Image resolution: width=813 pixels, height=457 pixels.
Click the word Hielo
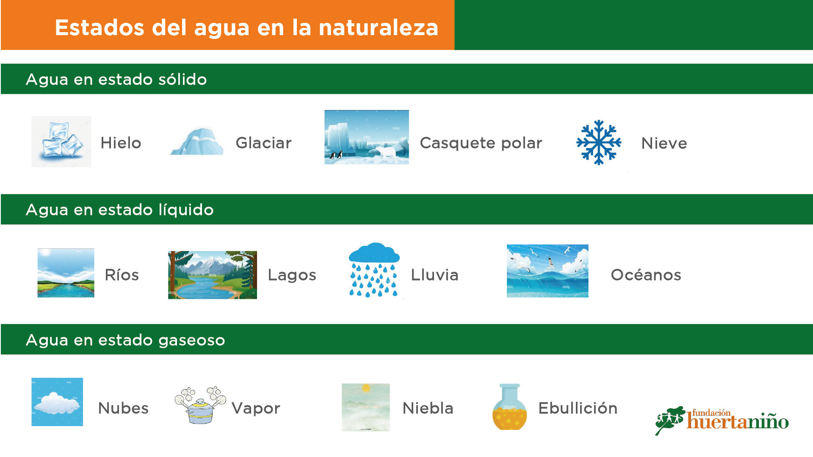pyautogui.click(x=121, y=143)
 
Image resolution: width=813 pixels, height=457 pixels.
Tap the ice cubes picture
pyautogui.click(x=61, y=141)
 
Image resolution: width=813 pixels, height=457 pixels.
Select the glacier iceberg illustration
pyautogui.click(x=197, y=141)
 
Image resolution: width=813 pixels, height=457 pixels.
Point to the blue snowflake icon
pyautogui.click(x=599, y=143)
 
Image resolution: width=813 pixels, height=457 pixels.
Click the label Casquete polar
pyautogui.click(x=481, y=143)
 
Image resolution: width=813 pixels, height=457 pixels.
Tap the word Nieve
pyautogui.click(x=664, y=143)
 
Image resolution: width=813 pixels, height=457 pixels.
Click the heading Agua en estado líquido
pyautogui.click(x=120, y=210)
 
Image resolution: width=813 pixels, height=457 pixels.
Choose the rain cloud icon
pyautogui.click(x=374, y=270)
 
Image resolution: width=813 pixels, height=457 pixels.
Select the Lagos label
pyautogui.click(x=292, y=275)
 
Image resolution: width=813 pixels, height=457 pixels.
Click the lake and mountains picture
pyautogui.click(x=213, y=275)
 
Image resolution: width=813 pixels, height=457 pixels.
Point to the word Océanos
pyautogui.click(x=646, y=275)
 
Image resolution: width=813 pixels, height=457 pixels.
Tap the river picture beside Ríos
pyautogui.click(x=66, y=273)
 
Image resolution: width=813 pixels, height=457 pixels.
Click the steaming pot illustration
pyautogui.click(x=200, y=405)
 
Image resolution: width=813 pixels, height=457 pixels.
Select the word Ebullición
pyautogui.click(x=578, y=408)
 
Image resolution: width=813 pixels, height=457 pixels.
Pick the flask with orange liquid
pyautogui.click(x=509, y=407)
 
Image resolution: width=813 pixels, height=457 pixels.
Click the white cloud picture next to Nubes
pyautogui.click(x=57, y=402)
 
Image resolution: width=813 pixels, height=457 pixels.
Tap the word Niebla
pyautogui.click(x=428, y=408)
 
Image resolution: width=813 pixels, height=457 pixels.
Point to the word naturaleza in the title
pyautogui.click(x=378, y=28)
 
